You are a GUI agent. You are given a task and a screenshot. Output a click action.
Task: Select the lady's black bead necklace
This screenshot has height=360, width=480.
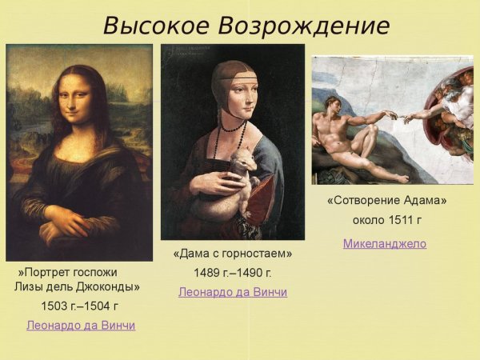tap(233, 126)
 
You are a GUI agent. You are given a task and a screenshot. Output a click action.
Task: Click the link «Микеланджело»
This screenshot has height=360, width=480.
tap(385, 244)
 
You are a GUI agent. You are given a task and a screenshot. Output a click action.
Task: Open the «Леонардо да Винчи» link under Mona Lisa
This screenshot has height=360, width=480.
tap(81, 326)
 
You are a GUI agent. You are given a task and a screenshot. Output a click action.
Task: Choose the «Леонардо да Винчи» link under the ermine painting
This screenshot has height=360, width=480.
tap(233, 293)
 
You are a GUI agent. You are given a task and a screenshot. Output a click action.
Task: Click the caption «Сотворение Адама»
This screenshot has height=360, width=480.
tap(386, 200)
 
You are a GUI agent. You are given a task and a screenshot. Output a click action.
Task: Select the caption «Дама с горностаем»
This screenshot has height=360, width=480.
tap(233, 254)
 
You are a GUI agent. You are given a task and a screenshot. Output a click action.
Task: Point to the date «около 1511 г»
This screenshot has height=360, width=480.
tap(386, 220)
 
